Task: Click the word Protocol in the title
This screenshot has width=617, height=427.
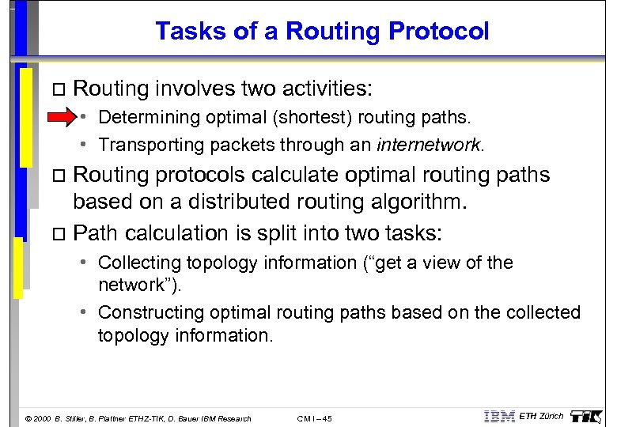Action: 445,31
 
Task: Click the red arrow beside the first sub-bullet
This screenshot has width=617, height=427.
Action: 60,118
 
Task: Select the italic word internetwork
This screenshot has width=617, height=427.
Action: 429,145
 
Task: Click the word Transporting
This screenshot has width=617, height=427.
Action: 144,145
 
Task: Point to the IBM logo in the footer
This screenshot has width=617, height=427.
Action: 498,416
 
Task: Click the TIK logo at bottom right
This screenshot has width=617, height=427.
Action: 588,415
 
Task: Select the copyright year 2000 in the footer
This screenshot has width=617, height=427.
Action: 40,418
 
